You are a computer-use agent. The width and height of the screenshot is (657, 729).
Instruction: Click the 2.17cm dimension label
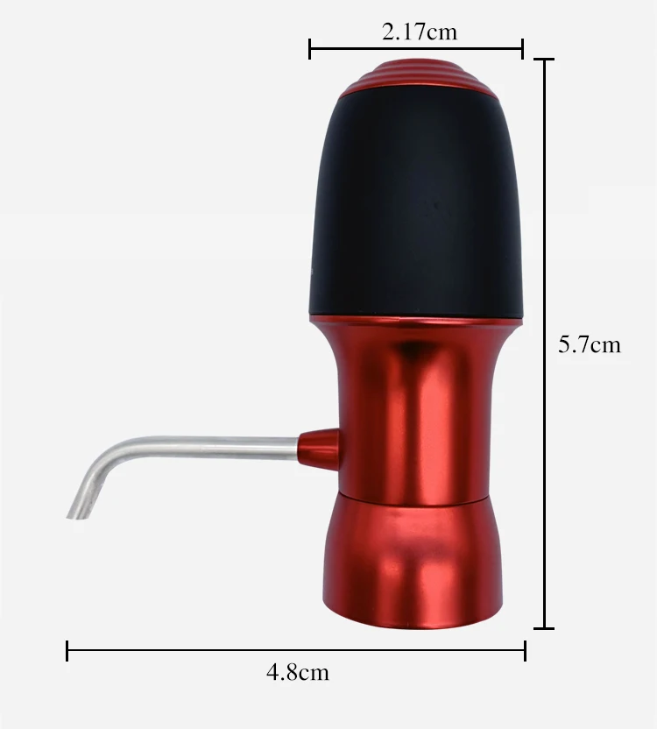tap(420, 32)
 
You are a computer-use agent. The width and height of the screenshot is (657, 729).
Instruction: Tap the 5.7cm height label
tap(590, 345)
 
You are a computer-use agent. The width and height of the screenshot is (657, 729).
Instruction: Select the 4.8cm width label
tap(298, 672)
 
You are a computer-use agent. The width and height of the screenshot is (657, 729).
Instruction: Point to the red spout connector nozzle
tap(319, 449)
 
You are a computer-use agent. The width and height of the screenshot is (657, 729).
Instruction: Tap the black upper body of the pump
tap(417, 204)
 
